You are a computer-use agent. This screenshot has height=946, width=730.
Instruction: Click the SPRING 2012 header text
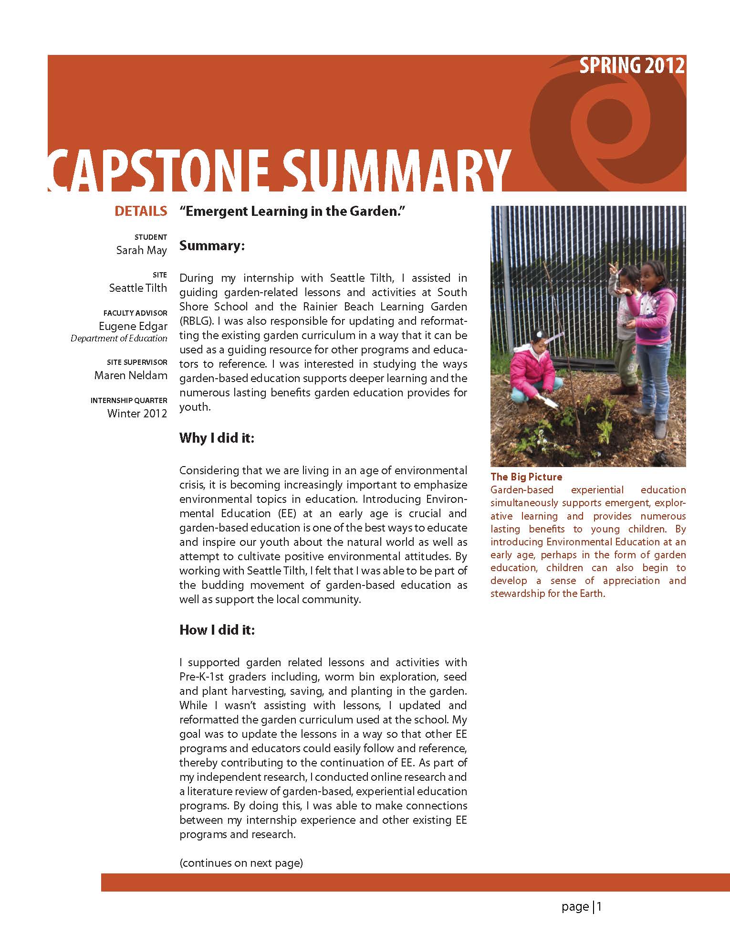point(632,65)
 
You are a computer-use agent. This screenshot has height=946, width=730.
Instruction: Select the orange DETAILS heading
point(141,211)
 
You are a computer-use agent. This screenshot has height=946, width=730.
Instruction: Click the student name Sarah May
point(141,250)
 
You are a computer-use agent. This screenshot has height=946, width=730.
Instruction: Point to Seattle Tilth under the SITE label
point(138,288)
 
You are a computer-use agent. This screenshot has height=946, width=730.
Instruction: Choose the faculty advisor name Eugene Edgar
point(133,326)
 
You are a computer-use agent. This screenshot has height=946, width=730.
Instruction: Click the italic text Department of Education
point(119,339)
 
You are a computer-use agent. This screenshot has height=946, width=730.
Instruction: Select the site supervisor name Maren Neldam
point(131,375)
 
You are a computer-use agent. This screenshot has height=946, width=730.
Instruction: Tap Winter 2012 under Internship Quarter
point(137,414)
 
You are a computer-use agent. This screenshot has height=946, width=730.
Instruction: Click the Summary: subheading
point(212,246)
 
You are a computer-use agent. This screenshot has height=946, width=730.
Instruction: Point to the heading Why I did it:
point(217,438)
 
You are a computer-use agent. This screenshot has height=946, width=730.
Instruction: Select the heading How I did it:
point(217,630)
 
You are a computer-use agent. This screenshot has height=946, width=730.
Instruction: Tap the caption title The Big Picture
point(526,477)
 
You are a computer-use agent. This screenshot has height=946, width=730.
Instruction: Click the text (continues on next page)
point(241,863)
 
